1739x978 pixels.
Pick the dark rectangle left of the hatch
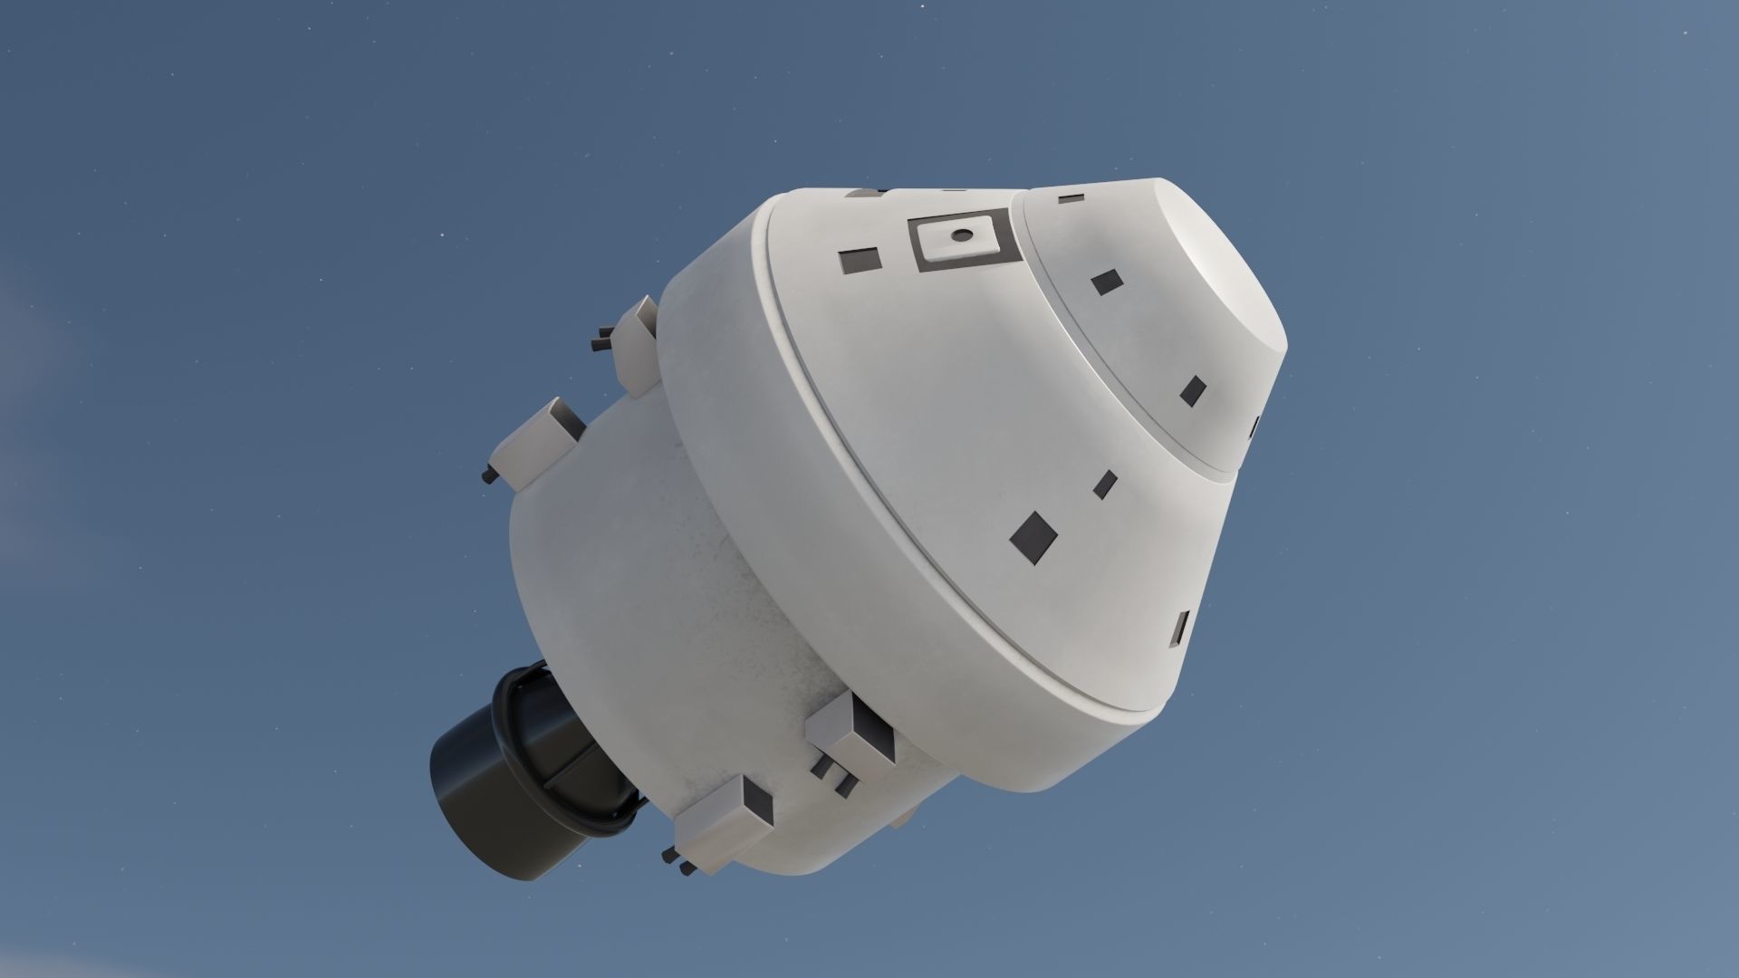pyautogui.click(x=860, y=261)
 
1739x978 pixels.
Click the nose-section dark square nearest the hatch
pyautogui.click(x=1106, y=282)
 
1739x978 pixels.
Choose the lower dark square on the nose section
pyautogui.click(x=1193, y=389)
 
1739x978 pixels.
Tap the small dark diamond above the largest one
pyautogui.click(x=1104, y=484)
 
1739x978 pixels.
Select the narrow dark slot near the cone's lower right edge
pyautogui.click(x=1182, y=628)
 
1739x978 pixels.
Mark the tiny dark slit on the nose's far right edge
pyautogui.click(x=1256, y=424)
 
